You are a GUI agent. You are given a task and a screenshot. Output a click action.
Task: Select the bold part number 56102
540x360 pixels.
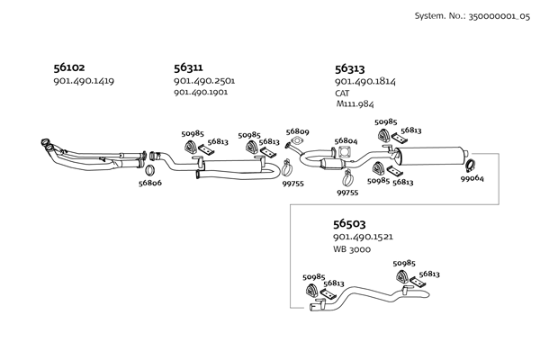[71, 67]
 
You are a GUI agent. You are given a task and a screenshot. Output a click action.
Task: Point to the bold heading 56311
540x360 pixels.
[188, 67]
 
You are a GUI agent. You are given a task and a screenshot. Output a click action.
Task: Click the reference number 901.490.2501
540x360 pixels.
[203, 81]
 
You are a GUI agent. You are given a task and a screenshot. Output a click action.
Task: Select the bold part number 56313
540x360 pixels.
[349, 67]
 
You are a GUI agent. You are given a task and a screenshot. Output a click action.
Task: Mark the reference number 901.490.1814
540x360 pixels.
[364, 82]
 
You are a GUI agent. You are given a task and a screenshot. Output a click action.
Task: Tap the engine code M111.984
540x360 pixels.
[355, 104]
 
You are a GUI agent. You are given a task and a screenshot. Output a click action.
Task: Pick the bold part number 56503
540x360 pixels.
[348, 221]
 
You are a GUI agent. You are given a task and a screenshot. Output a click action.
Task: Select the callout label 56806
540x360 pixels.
[150, 183]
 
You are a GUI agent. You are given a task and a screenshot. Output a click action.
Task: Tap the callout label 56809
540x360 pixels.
[298, 131]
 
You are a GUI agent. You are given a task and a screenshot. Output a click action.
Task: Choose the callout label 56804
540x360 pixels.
[346, 141]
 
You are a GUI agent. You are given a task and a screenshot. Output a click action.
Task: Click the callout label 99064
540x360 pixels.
[472, 179]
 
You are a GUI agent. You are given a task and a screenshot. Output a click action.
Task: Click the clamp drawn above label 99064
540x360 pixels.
[470, 164]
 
